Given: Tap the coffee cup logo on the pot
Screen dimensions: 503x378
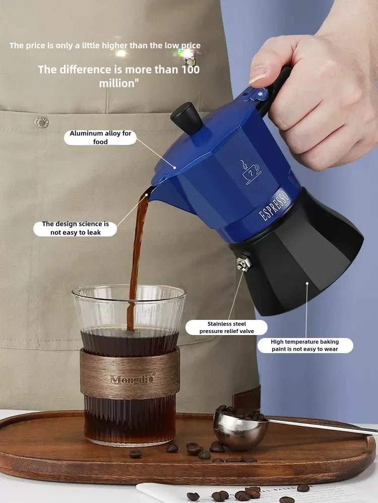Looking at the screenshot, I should tap(250, 173).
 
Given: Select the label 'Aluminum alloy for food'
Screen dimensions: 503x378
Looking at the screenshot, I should tap(100, 137).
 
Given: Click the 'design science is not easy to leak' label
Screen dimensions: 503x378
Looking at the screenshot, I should tap(75, 228).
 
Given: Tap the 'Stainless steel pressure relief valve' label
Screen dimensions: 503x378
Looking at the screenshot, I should tap(226, 327).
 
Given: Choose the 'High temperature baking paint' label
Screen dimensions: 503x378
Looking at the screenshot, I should tap(305, 345).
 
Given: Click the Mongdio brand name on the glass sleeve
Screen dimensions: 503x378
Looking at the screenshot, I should tap(133, 379).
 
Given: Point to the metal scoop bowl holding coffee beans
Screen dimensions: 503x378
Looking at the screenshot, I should tap(240, 427).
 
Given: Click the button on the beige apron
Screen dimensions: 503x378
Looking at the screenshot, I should tap(41, 122).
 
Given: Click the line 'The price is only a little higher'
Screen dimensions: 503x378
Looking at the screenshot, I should tap(105, 46).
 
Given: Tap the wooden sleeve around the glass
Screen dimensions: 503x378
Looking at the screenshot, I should tap(130, 372).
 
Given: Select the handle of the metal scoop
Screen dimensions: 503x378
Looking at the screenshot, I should tap(323, 425).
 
